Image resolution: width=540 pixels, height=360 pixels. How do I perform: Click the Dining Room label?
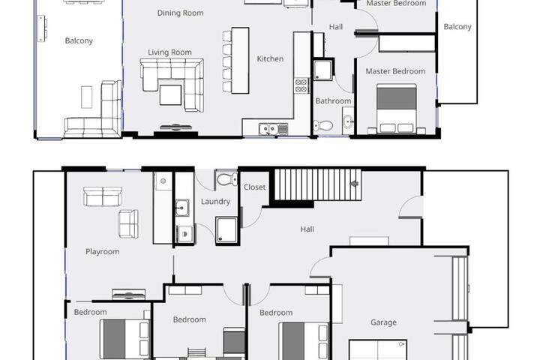[x=180, y=13]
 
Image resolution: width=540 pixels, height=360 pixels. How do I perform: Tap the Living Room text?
[x=169, y=52]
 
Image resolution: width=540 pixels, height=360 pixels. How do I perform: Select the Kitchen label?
[x=270, y=59]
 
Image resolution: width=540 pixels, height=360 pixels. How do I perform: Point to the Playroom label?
[x=102, y=252]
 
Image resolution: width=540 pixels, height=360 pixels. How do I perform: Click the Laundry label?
[x=215, y=202]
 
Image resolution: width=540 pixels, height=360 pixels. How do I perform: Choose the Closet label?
[x=254, y=187]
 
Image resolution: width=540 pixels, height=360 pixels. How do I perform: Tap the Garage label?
[x=383, y=322]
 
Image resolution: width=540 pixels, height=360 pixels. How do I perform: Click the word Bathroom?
[x=333, y=101]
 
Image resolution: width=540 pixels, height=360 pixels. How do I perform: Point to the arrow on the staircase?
[x=354, y=184]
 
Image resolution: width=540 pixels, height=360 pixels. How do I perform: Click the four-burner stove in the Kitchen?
[x=301, y=85]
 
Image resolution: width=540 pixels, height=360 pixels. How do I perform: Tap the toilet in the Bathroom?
[x=323, y=126]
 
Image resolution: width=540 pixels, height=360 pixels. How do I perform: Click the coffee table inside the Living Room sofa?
[x=170, y=94]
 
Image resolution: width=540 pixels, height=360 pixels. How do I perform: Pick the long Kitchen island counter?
[x=240, y=61]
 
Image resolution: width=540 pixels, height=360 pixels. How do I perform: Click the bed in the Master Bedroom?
[x=397, y=108]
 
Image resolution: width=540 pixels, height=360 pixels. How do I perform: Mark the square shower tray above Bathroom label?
[x=323, y=70]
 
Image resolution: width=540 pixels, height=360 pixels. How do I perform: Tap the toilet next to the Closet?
[x=227, y=179]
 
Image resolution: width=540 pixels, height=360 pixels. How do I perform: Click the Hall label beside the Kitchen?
[x=336, y=27]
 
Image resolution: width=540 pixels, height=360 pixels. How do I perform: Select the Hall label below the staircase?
[x=307, y=229]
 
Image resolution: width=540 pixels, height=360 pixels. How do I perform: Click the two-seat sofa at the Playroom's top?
[x=103, y=196]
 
